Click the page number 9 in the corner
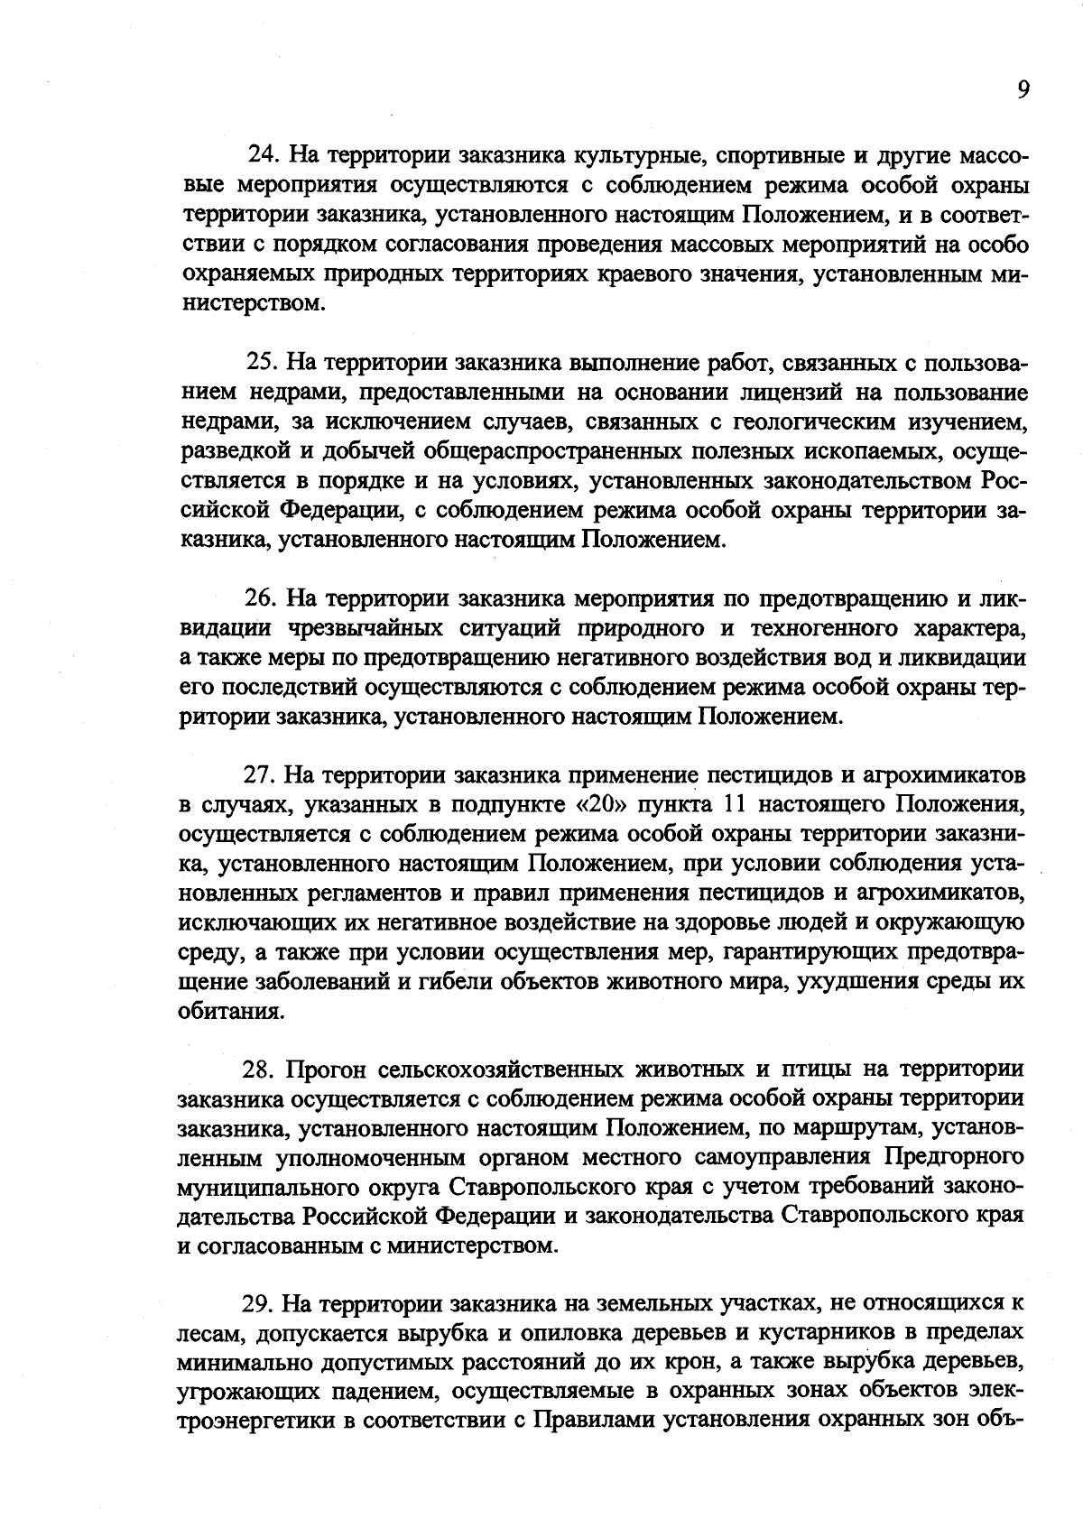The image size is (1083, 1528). pos(1023,88)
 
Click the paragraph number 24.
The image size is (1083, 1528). pos(262,155)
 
